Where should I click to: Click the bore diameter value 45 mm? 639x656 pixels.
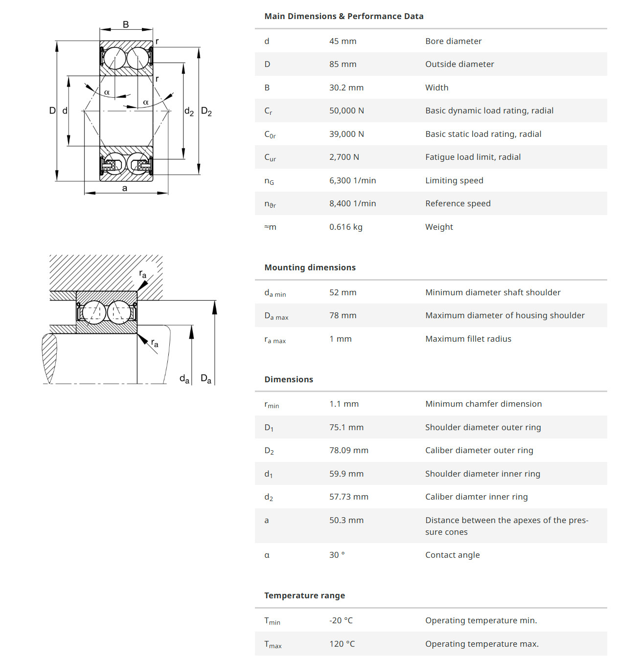point(342,41)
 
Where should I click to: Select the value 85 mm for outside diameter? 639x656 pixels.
point(342,64)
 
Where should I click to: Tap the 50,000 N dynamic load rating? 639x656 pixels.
point(346,110)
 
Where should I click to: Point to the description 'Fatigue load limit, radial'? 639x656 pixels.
point(473,157)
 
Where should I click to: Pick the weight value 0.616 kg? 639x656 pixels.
point(345,227)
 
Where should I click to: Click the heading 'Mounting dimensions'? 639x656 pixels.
point(310,267)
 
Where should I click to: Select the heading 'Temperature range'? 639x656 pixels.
point(304,595)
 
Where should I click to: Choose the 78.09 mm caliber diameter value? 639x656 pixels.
point(348,450)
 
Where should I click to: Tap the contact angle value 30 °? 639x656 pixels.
point(337,555)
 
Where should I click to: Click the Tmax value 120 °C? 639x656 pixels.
point(342,644)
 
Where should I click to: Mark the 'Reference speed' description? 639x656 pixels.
point(457,203)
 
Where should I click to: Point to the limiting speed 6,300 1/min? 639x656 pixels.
point(352,180)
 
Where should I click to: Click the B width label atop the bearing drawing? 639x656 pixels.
point(126,24)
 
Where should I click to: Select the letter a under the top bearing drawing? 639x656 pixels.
point(125,188)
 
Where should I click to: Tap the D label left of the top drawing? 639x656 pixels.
point(52,110)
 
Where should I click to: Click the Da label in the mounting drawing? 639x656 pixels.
point(206,379)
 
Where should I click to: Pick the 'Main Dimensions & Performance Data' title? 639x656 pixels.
point(343,16)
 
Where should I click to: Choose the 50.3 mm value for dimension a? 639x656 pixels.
point(346,520)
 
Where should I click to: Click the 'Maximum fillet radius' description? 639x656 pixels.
point(468,339)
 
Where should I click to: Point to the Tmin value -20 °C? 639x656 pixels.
point(341,620)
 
